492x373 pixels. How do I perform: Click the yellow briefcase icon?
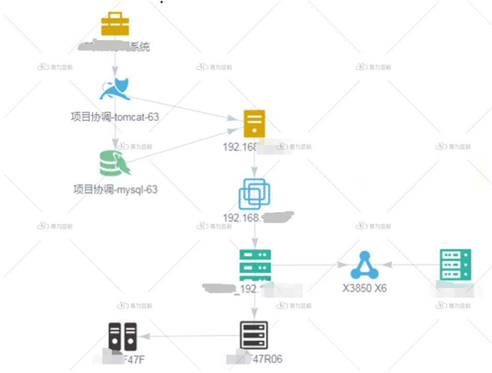click(115, 24)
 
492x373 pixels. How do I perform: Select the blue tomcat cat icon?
click(115, 89)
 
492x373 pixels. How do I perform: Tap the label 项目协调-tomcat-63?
click(115, 117)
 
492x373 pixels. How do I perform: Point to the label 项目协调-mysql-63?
click(115, 189)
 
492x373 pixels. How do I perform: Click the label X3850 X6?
click(364, 288)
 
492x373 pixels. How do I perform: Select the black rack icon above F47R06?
click(254, 335)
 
